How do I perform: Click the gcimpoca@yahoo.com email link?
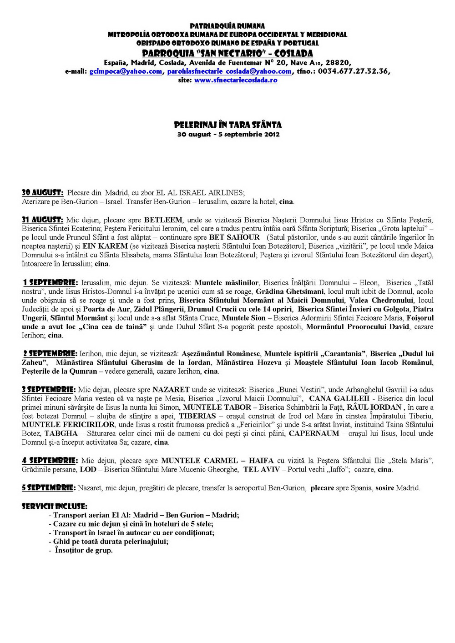(126, 71)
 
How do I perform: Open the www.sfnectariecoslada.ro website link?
(236, 80)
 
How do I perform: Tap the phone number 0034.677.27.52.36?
(353, 71)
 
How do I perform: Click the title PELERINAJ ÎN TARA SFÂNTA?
(227, 125)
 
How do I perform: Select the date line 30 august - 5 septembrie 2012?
(228, 134)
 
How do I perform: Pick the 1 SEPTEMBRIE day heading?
(51, 282)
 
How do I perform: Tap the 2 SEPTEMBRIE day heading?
(50, 353)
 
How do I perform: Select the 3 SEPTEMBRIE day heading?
(49, 389)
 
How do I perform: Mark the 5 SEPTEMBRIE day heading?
(49, 487)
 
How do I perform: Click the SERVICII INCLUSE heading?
(55, 506)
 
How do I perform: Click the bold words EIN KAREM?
(105, 246)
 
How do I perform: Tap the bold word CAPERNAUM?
(314, 433)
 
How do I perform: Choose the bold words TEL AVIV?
(262, 469)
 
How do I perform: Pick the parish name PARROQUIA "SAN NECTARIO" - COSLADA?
(227, 53)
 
